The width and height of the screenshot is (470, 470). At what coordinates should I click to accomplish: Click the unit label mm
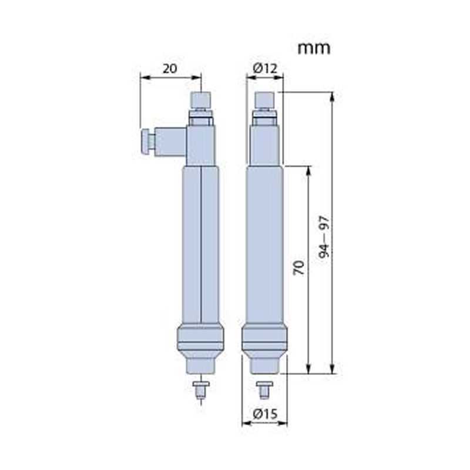click(x=314, y=49)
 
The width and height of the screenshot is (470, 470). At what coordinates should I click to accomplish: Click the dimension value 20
click(x=170, y=69)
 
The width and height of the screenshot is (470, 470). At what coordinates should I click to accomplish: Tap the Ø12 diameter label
click(x=265, y=69)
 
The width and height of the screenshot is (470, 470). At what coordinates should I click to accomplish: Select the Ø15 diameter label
click(x=265, y=414)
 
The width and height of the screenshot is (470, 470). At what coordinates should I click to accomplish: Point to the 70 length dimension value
click(x=299, y=268)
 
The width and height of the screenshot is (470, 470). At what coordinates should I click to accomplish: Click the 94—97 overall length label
click(x=324, y=237)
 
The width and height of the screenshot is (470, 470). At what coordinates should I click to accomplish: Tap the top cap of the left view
click(x=201, y=100)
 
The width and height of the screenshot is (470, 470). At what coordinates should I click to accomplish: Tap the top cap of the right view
click(x=264, y=100)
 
